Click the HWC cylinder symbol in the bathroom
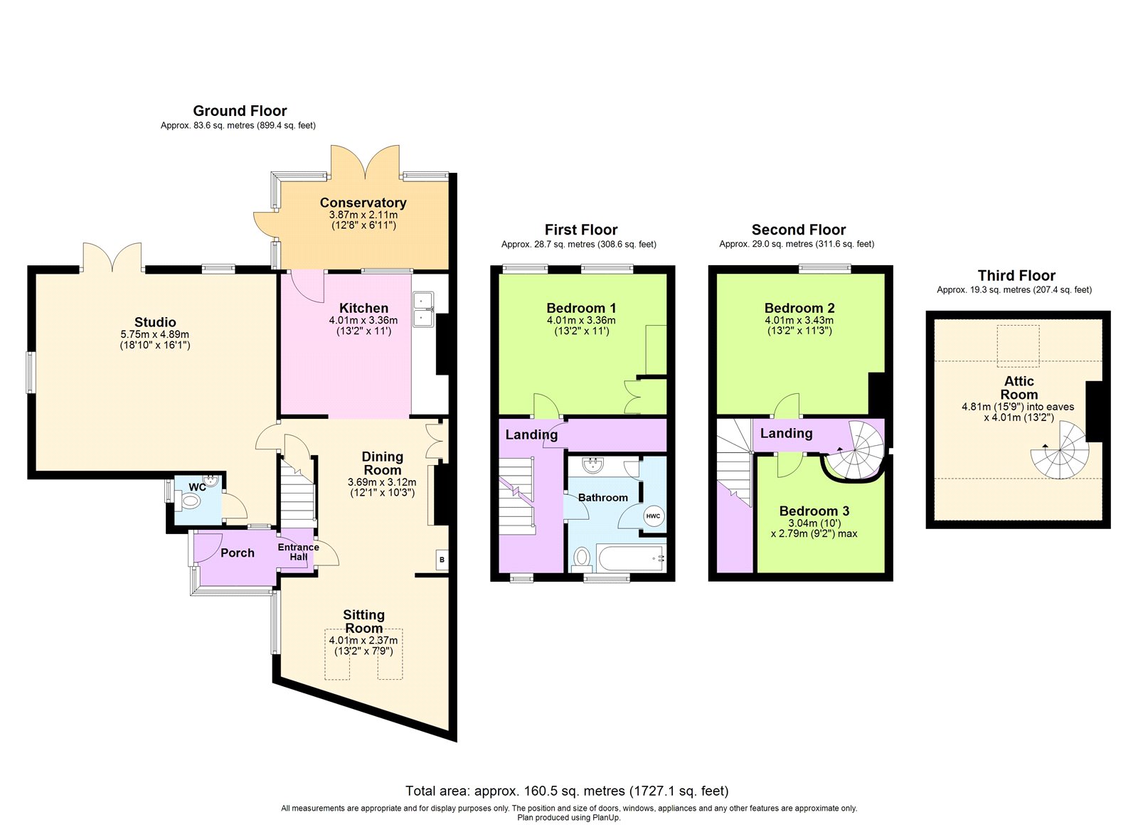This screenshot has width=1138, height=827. click(653, 516)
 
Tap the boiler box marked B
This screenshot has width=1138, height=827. click(442, 560)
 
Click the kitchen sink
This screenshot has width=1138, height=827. click(424, 310)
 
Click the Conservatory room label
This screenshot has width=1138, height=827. click(363, 203)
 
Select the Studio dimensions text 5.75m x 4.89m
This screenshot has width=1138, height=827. click(154, 334)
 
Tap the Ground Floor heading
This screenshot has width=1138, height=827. click(240, 111)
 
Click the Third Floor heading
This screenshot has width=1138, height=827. click(1016, 275)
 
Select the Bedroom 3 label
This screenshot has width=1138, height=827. click(814, 511)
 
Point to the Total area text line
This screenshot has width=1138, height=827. click(567, 791)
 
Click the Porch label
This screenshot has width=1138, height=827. click(237, 553)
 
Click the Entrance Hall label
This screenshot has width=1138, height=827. click(298, 552)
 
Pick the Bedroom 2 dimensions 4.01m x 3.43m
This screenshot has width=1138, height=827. click(799, 321)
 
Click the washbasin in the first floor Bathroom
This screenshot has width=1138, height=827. click(593, 466)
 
